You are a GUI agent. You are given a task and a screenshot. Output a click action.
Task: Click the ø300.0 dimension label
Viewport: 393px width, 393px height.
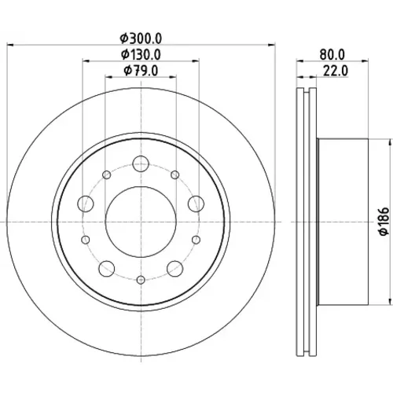[141, 39]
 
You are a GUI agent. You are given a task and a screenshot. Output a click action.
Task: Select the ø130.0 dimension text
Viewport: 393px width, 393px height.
[141, 55]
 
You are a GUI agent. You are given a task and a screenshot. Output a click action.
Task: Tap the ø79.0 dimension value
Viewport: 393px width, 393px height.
[141, 71]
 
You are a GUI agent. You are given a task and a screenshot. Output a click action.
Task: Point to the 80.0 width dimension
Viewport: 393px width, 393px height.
[332, 55]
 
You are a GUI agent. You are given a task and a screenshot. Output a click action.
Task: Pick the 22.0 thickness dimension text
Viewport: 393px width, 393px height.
[336, 71]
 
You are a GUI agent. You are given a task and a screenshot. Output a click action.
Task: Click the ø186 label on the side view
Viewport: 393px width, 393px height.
[384, 222]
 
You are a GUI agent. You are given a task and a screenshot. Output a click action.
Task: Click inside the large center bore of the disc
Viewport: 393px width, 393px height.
[141, 222]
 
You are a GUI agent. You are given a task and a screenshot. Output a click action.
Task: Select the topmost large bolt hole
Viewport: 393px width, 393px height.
[141, 163]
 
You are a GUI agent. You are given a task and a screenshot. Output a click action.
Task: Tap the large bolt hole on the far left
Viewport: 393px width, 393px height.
[86, 204]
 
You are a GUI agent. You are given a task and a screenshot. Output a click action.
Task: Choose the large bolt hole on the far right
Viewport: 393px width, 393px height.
[196, 204]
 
